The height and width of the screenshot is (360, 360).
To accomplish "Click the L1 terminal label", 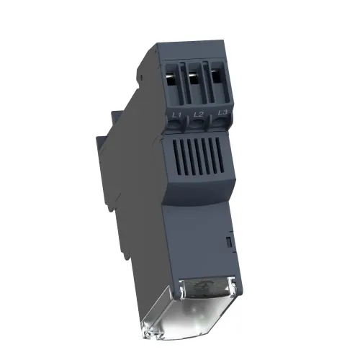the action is (x=176, y=115).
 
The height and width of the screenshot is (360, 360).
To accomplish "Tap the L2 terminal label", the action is (x=198, y=114).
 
